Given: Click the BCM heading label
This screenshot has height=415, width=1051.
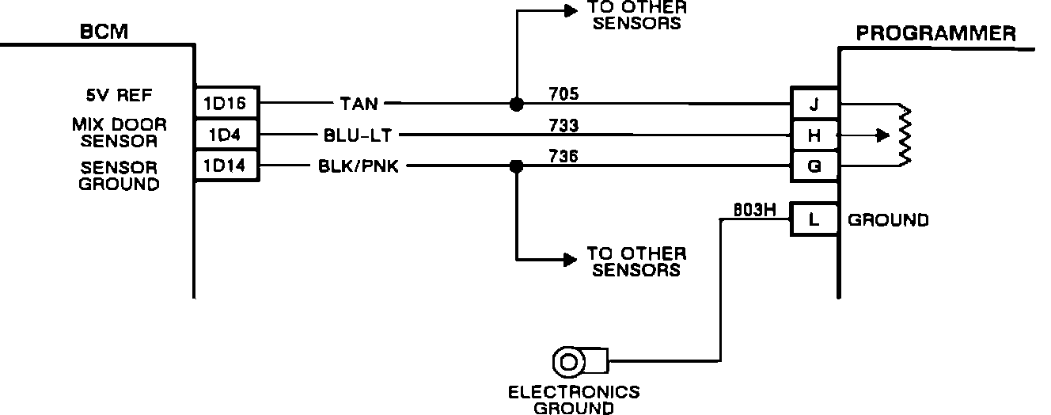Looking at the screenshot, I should click(x=104, y=32).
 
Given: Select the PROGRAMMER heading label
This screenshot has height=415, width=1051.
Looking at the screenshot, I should click(x=936, y=33).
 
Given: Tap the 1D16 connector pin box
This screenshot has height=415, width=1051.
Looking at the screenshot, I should click(x=226, y=103).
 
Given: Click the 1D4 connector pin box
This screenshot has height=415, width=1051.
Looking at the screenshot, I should click(x=226, y=135).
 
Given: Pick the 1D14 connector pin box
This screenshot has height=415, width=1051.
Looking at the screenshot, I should click(x=226, y=166).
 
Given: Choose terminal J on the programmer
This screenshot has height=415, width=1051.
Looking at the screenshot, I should click(x=814, y=104).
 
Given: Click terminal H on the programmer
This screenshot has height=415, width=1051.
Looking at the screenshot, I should click(x=814, y=135).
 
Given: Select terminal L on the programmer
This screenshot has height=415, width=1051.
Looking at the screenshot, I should click(x=814, y=219).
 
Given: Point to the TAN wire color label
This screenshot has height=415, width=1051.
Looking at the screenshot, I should click(x=359, y=103).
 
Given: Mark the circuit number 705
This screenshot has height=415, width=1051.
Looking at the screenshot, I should click(x=563, y=93).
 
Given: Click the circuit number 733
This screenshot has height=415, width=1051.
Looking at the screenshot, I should click(x=563, y=125).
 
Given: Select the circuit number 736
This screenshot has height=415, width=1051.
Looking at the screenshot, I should click(x=563, y=157).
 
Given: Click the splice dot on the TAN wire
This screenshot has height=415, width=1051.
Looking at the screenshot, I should click(x=516, y=103).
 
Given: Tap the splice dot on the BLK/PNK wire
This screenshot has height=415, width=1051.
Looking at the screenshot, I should click(x=516, y=166).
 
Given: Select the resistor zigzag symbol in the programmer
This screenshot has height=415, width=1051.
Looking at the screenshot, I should click(x=905, y=135).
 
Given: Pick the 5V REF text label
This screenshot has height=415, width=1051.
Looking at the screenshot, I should click(x=119, y=96).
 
